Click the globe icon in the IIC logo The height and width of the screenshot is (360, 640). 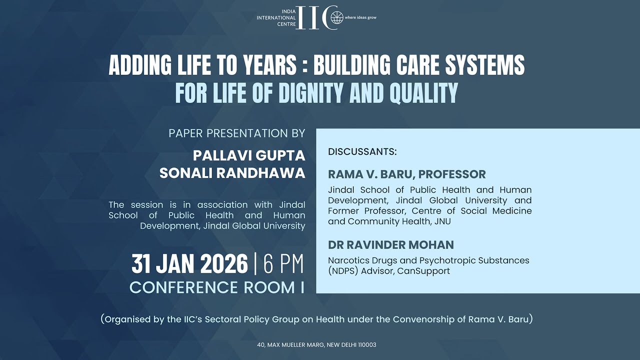click(337, 17)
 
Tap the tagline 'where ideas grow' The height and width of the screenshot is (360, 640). click(360, 17)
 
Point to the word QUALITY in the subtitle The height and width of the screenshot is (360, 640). click(423, 92)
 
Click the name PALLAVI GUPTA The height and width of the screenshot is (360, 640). click(249, 155)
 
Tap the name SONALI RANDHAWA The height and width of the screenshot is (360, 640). click(232, 173)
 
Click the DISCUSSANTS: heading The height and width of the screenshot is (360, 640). click(362, 151)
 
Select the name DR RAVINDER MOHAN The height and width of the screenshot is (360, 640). click(391, 245)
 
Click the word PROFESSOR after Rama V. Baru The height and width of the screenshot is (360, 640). click(452, 174)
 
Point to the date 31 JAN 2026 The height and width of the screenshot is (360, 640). click(189, 264)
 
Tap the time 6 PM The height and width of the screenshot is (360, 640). click(283, 264)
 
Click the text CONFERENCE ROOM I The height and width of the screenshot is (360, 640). click(217, 287)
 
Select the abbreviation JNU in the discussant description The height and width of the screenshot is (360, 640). click(442, 221)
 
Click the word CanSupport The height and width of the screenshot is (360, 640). click(423, 271)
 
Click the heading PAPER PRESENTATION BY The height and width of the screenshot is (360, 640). click(237, 133)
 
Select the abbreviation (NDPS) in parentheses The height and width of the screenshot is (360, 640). click(343, 271)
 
